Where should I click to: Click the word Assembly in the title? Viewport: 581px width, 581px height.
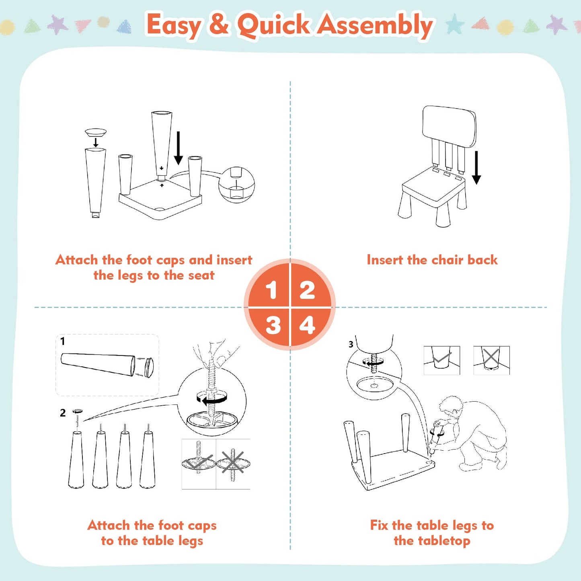pyautogui.click(x=376, y=25)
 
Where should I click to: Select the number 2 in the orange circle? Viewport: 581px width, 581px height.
pyautogui.click(x=307, y=290)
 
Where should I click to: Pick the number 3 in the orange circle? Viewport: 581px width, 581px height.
pyautogui.click(x=273, y=325)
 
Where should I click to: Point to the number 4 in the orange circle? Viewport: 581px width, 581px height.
pyautogui.click(x=307, y=325)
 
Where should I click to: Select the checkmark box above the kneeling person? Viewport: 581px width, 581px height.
pyautogui.click(x=441, y=360)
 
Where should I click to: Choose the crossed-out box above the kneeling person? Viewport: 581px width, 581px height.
pyautogui.click(x=491, y=360)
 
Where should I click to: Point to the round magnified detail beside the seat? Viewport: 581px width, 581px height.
pyautogui.click(x=236, y=185)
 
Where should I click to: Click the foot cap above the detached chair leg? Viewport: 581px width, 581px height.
pyautogui.click(x=96, y=132)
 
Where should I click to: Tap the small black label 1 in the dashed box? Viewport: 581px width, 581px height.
pyautogui.click(x=62, y=341)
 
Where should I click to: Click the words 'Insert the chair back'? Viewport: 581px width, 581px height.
pyautogui.click(x=432, y=260)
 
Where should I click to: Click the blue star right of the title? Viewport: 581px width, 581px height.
pyautogui.click(x=455, y=24)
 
